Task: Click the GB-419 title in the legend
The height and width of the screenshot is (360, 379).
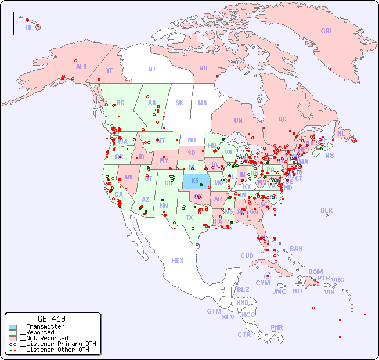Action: click(x=52, y=319)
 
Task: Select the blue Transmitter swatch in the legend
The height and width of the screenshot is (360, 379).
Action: click(x=13, y=327)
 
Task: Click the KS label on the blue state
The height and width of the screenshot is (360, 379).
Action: click(x=195, y=180)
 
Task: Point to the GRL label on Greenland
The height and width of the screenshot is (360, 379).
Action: click(x=327, y=31)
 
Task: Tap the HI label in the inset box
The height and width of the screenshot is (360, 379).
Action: click(x=28, y=27)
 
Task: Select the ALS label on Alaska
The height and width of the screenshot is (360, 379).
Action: click(x=81, y=67)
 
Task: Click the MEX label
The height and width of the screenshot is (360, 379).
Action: click(x=178, y=261)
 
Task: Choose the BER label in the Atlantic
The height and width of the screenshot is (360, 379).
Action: click(x=327, y=210)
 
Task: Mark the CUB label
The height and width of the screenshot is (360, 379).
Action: click(x=247, y=255)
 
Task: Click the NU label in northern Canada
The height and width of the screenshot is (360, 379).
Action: click(x=203, y=68)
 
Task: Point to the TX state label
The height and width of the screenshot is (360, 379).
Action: click(x=189, y=218)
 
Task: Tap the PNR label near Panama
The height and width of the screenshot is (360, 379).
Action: click(x=277, y=327)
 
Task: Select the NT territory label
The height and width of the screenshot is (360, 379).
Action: click(x=151, y=69)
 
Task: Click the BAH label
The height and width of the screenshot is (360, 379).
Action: click(x=296, y=249)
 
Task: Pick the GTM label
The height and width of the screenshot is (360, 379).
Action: click(x=214, y=311)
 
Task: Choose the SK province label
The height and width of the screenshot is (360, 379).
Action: click(x=179, y=103)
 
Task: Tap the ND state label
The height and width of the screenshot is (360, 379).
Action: click(x=192, y=140)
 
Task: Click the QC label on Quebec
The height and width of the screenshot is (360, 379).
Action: click(x=282, y=119)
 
